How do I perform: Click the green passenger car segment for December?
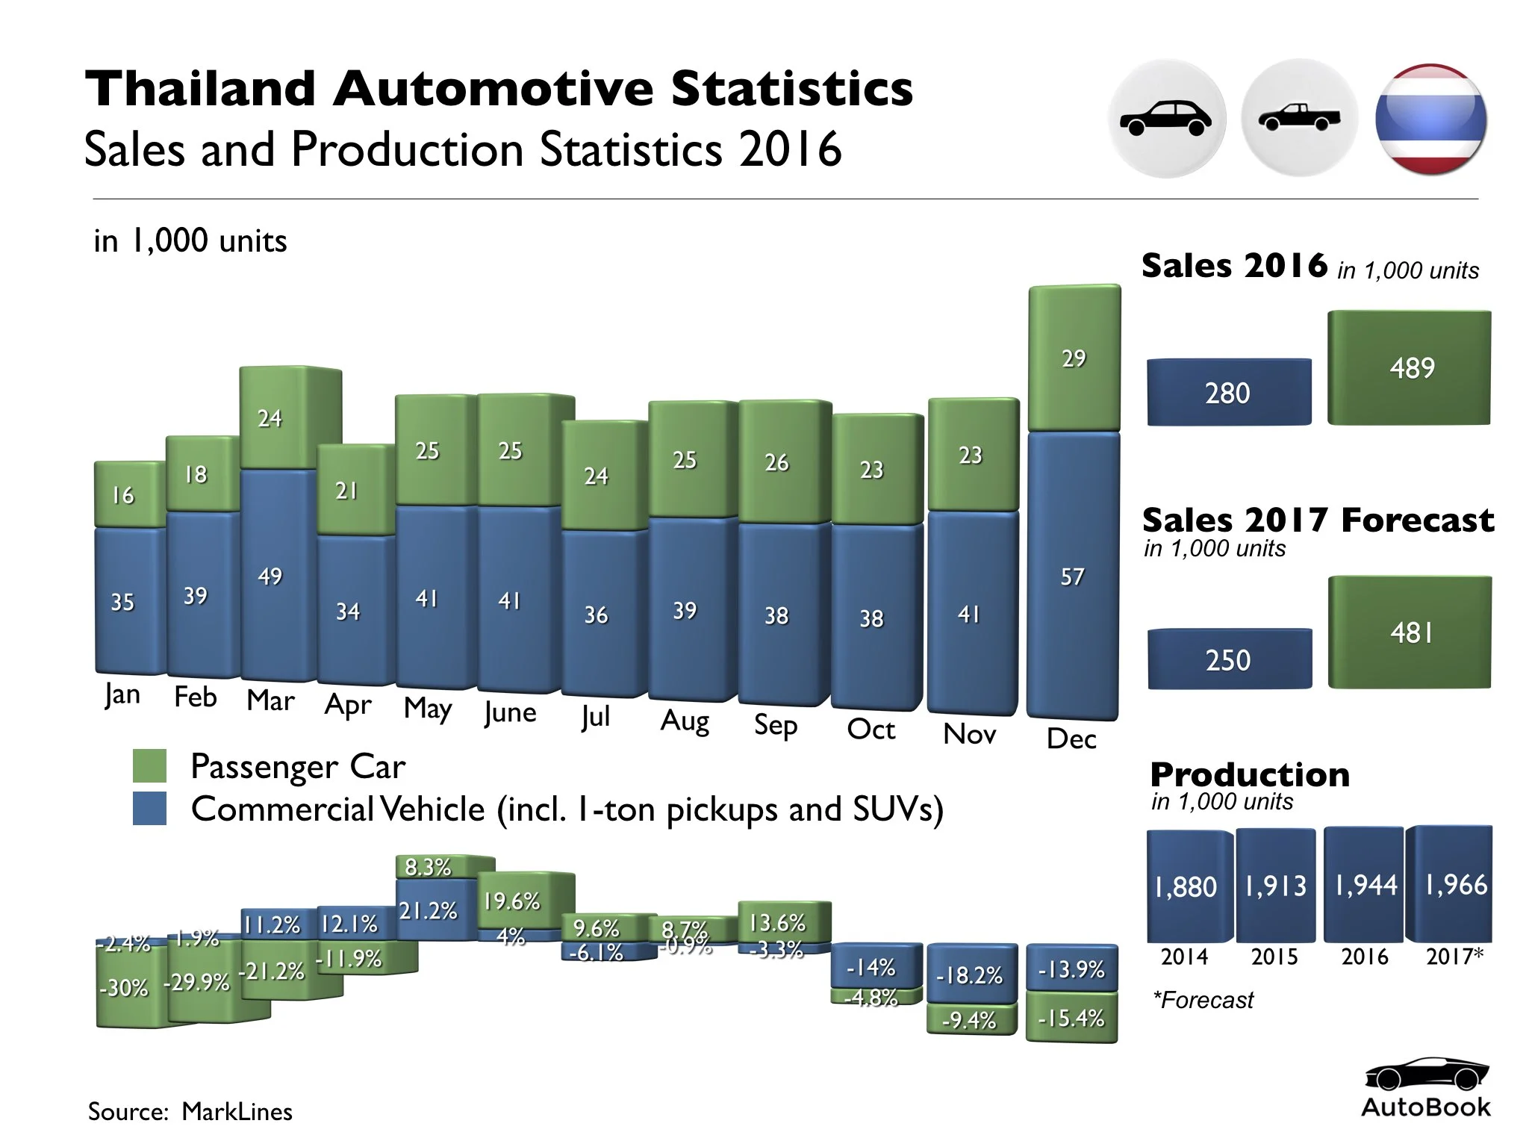[1074, 358]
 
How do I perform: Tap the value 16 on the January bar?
[122, 495]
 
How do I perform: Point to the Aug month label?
[685, 721]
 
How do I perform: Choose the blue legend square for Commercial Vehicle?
[149, 809]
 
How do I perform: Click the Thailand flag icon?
[1430, 119]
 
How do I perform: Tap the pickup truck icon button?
[1299, 118]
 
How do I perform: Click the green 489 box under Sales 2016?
[1410, 367]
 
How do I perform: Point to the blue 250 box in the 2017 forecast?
[1229, 659]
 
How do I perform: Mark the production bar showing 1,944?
[1365, 886]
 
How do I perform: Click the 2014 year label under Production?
[1184, 957]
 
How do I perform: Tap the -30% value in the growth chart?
[123, 988]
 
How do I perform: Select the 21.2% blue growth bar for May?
[428, 910]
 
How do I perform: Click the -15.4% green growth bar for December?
[1071, 1018]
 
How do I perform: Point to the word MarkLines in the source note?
[237, 1111]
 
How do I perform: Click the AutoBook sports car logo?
[1425, 1076]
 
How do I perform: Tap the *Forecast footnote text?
[1203, 1000]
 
